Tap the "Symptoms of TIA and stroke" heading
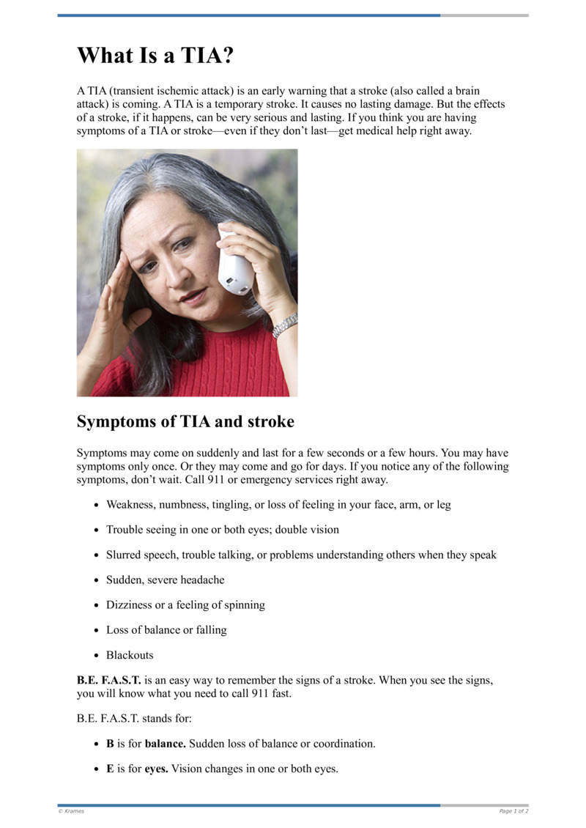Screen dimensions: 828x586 pyautogui.click(x=185, y=422)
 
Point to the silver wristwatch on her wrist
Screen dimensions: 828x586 pyautogui.click(x=285, y=325)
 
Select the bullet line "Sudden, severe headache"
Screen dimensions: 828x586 pyautogui.click(x=166, y=580)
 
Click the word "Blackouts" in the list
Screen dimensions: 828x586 pyautogui.click(x=130, y=654)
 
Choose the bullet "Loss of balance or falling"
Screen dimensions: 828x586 pyautogui.click(x=166, y=629)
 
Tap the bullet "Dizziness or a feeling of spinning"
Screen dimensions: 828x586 pyautogui.click(x=185, y=605)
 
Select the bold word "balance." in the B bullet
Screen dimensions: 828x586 pyautogui.click(x=166, y=743)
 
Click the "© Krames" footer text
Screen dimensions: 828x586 pyautogui.click(x=71, y=811)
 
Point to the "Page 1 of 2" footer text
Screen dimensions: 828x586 pyautogui.click(x=513, y=811)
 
